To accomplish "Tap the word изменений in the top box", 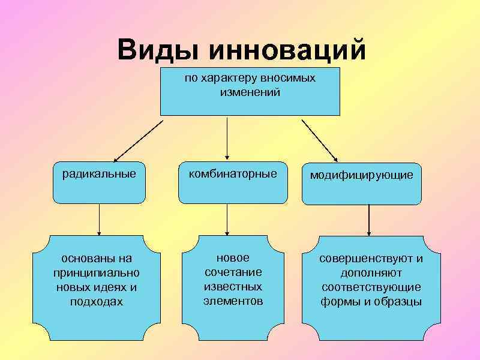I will pyautogui.click(x=250, y=92).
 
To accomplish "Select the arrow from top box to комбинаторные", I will pyautogui.click(x=226, y=138).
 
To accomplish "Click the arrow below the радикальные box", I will pyautogui.click(x=99, y=220).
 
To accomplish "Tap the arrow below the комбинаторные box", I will pyautogui.click(x=226, y=220).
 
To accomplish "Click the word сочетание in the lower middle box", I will pyautogui.click(x=233, y=272).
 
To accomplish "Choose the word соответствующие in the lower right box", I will pyautogui.click(x=371, y=287).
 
